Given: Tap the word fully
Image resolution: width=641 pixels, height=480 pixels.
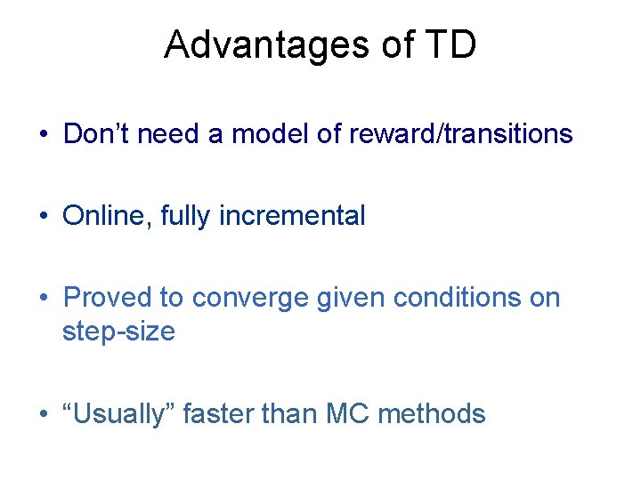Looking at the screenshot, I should click(x=184, y=215).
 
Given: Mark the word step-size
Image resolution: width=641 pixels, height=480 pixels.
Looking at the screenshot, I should click(x=118, y=332).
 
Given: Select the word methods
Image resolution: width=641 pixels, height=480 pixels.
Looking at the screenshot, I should click(x=436, y=413).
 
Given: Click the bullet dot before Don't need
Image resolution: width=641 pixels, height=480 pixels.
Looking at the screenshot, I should click(x=43, y=135).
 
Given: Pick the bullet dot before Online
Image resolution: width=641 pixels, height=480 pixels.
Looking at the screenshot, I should click(x=43, y=216).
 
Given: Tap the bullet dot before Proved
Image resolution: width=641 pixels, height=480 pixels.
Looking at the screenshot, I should click(x=43, y=298).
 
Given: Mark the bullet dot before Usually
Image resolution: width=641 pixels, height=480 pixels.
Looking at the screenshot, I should click(x=43, y=414).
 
